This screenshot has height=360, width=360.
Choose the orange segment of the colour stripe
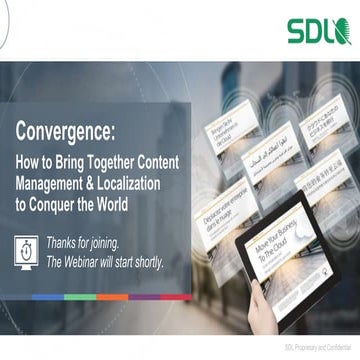[x=106, y=297]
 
